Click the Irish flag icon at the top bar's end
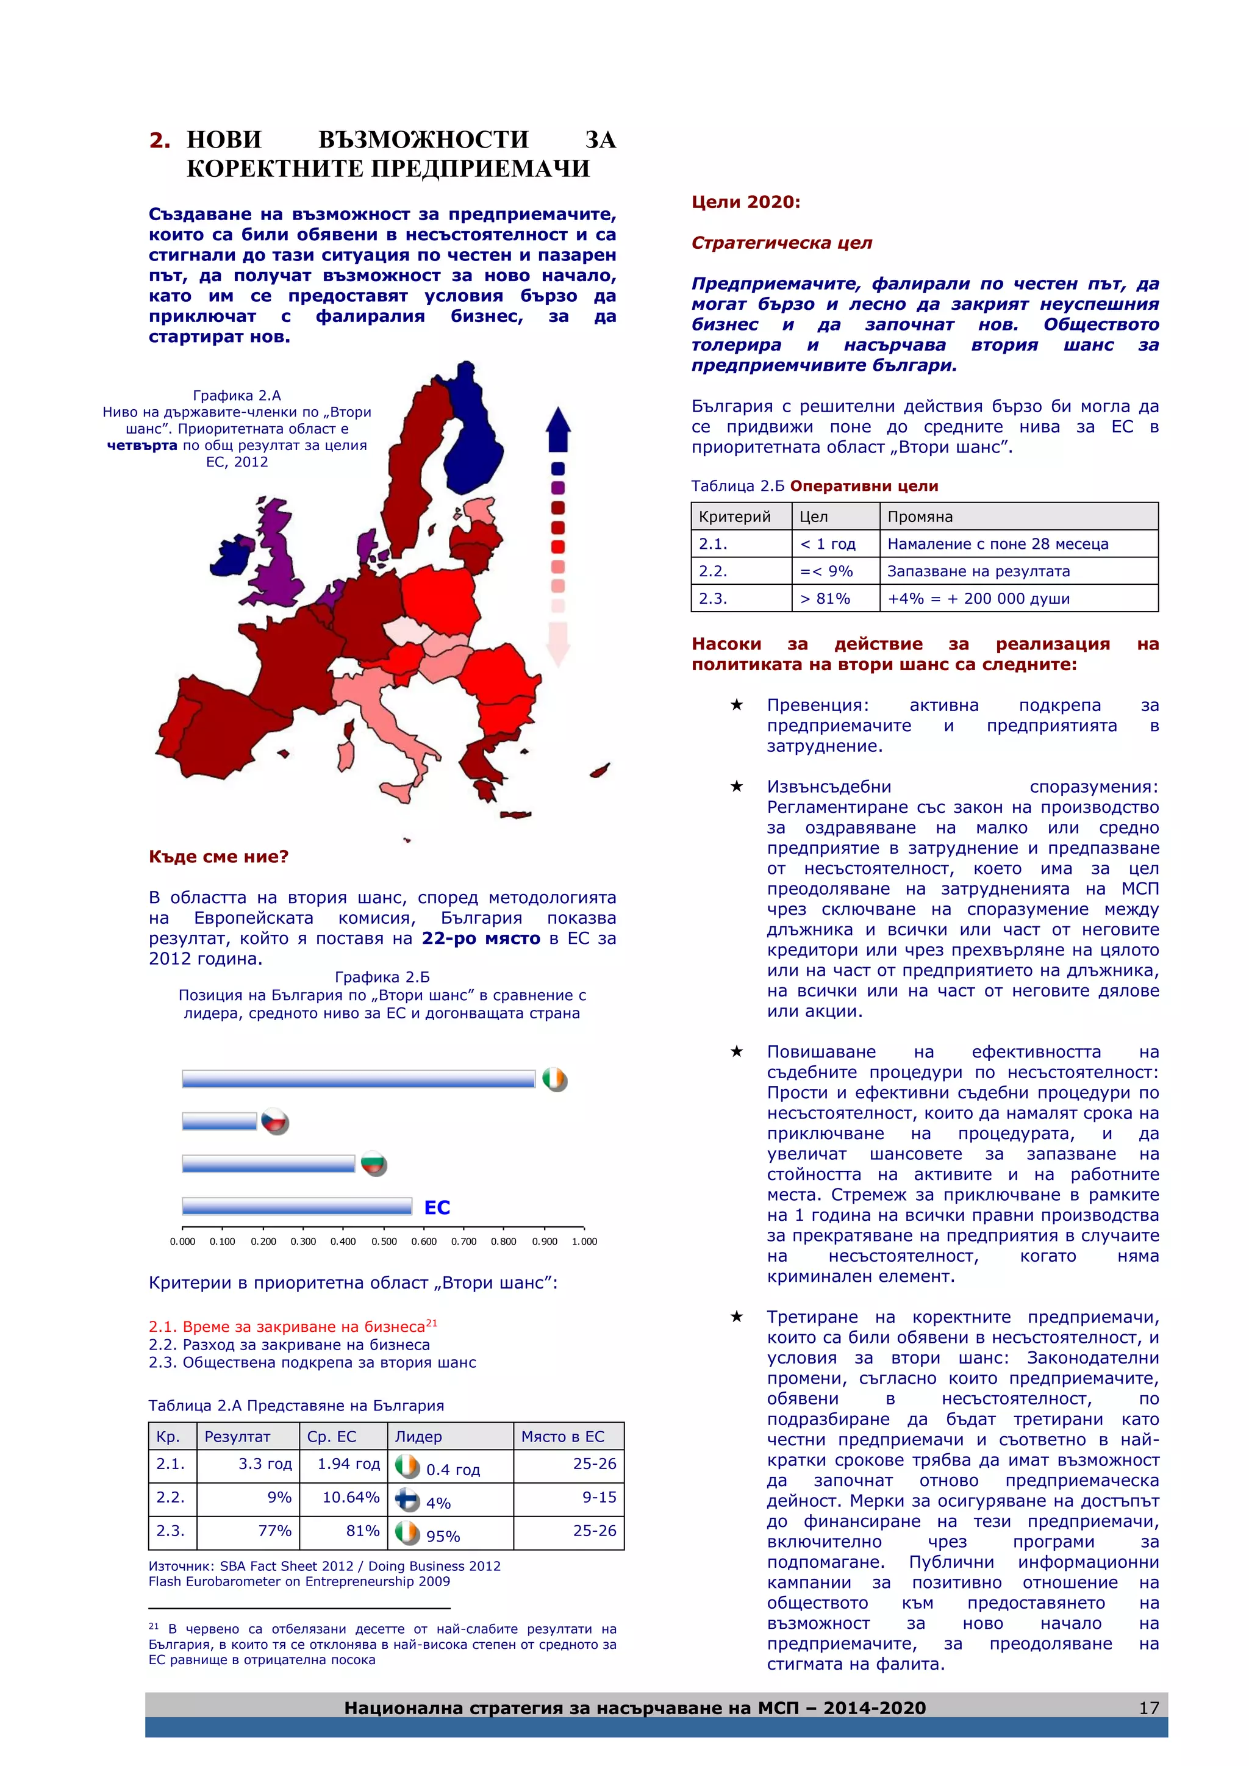[x=554, y=1079]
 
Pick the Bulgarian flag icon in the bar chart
[x=374, y=1165]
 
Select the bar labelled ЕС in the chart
[x=297, y=1206]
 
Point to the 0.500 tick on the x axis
[x=384, y=1241]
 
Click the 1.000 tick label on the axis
[x=584, y=1241]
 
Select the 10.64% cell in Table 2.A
[x=351, y=1497]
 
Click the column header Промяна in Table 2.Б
[x=920, y=517]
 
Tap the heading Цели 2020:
[x=745, y=202]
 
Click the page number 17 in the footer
[x=1148, y=1707]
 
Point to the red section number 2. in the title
[x=159, y=140]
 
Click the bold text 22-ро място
[x=481, y=938]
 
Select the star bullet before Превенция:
[x=736, y=704]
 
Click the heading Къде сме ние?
[x=218, y=857]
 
